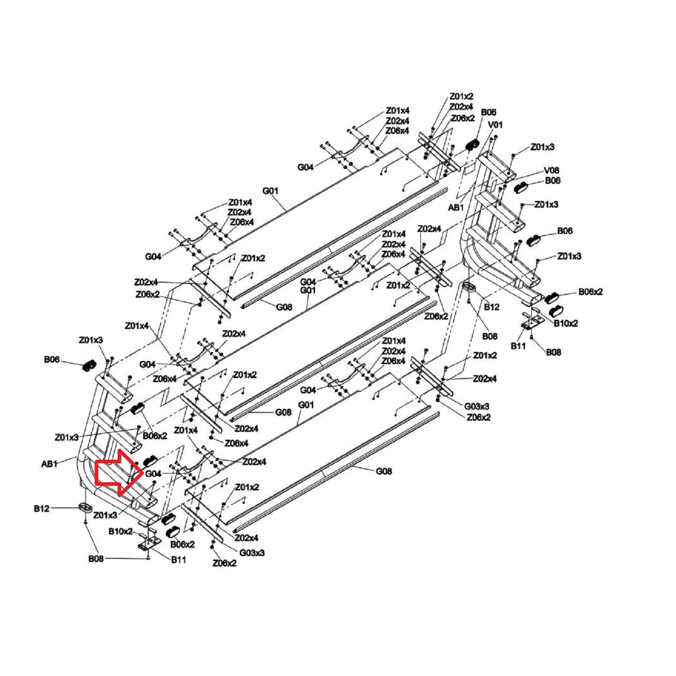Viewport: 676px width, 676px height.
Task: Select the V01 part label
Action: coord(495,124)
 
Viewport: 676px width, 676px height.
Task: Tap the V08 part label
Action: coord(551,170)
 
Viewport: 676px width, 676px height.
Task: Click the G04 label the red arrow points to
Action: coord(153,474)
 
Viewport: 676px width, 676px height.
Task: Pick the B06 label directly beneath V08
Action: coord(553,180)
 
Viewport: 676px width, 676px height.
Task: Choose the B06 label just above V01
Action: coord(489,112)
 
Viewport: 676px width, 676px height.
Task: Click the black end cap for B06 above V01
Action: coord(472,145)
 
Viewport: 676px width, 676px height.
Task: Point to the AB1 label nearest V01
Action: coord(456,207)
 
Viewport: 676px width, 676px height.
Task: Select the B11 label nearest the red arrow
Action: coord(178,560)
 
